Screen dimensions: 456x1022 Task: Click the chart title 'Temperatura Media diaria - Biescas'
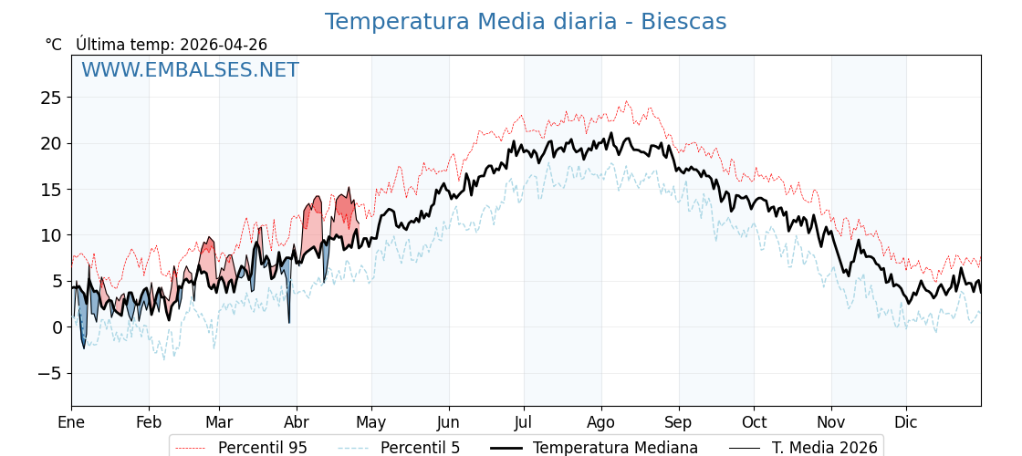tap(526, 22)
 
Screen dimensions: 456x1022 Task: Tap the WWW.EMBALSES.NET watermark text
tap(190, 70)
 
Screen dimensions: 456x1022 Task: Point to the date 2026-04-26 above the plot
tap(224, 45)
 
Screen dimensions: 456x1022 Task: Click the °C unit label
tap(53, 45)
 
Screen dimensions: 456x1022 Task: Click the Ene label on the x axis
tap(71, 422)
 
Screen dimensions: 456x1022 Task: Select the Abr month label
tap(297, 422)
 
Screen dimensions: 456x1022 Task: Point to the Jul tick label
tap(524, 422)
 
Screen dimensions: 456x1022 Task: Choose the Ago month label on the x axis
tap(601, 422)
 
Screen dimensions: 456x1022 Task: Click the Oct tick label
tap(754, 422)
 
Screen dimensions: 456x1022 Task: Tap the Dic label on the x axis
tap(906, 422)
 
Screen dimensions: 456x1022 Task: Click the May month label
tap(371, 422)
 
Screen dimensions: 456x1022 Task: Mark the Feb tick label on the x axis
tap(149, 422)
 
